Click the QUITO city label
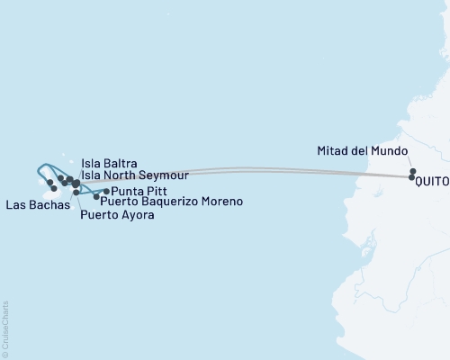433,178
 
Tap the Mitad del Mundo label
363,150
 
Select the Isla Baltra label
109,163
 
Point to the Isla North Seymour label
134,175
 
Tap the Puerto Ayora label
117,214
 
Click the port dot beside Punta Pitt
106,191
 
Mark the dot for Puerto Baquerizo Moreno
96,195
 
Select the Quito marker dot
411,178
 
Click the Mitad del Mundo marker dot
412,171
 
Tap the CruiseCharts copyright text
5,328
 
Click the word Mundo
388,150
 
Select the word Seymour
164,175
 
